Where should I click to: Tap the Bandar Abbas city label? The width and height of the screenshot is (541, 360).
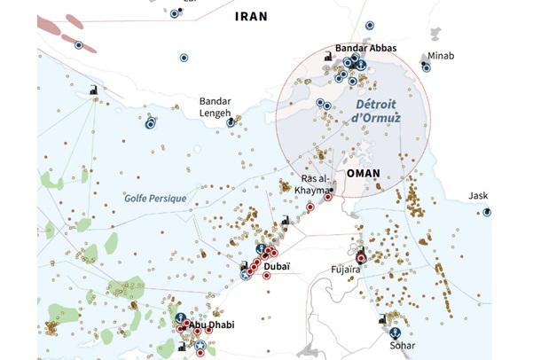365,47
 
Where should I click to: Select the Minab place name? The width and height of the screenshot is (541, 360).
440,56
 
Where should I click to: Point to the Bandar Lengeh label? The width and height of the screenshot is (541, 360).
215,106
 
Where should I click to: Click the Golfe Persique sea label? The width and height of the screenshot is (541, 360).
155,199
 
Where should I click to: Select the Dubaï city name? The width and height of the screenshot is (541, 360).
278,266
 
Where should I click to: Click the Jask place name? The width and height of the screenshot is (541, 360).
479,196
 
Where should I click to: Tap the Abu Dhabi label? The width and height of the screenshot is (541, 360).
211,325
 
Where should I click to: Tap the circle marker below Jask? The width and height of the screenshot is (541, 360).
486,213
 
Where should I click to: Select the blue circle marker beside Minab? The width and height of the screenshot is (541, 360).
427,67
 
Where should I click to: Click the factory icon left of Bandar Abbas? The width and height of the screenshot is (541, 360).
329,56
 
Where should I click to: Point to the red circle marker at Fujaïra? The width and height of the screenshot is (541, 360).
359,255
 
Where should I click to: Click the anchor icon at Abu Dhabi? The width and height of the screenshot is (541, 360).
180,317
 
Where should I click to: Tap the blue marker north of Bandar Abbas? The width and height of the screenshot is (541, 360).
369,26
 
